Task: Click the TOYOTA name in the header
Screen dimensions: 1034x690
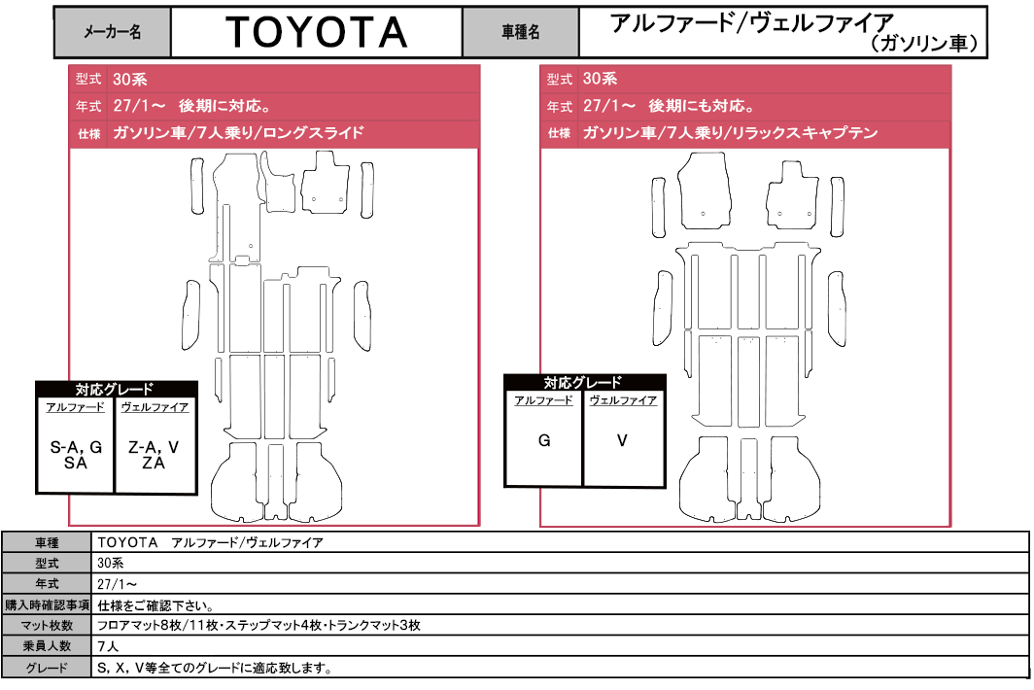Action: [x=317, y=32]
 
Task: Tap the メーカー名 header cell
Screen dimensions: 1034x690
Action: [x=112, y=32]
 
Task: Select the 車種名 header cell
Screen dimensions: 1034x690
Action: [x=520, y=32]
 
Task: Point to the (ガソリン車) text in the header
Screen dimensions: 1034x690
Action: [x=924, y=44]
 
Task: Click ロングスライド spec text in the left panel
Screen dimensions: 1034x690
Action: [x=313, y=132]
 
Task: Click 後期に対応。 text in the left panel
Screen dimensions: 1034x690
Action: [x=224, y=106]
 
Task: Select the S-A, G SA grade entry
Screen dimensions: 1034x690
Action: [x=76, y=455]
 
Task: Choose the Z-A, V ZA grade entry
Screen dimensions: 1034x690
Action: [x=154, y=455]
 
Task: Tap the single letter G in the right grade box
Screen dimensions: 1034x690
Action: [x=544, y=440]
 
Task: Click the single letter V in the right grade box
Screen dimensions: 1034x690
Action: [x=622, y=440]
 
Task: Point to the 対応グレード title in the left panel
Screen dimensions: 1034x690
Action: [x=114, y=389]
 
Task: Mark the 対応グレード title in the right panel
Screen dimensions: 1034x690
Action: [x=583, y=383]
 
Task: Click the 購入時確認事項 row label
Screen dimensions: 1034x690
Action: [x=47, y=604]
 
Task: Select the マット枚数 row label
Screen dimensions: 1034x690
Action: [x=47, y=625]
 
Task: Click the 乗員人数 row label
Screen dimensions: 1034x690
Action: [x=47, y=646]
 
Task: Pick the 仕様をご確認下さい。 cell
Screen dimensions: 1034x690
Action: [x=155, y=604]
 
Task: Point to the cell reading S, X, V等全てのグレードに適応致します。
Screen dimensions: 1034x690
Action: [x=215, y=668]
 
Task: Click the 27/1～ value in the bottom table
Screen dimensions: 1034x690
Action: [x=118, y=584]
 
